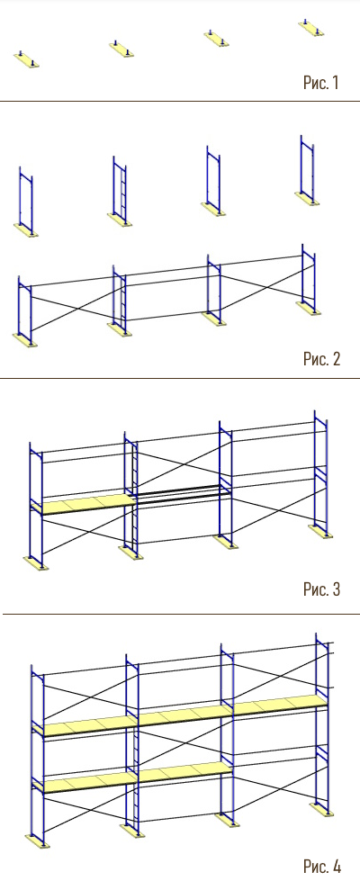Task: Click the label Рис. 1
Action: [320, 83]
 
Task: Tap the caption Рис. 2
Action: [321, 359]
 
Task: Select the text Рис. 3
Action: [321, 589]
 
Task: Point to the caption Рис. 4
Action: [322, 867]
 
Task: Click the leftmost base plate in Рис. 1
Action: [26, 60]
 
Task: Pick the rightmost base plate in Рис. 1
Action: [311, 29]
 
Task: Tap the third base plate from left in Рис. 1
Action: [217, 39]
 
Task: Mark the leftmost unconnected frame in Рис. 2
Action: [25, 202]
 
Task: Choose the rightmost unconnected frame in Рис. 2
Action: [307, 170]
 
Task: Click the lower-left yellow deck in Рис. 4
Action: [85, 783]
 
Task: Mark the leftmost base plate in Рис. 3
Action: [36, 562]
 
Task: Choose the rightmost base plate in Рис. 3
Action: [320, 531]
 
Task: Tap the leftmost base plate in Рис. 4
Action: [38, 841]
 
